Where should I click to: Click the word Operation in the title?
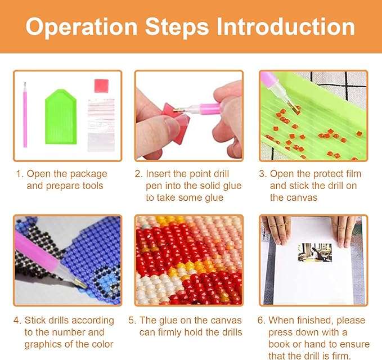(82, 27)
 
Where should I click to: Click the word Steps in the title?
(177, 27)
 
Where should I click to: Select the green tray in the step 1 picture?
(61, 117)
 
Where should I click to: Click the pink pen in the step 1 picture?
(25, 115)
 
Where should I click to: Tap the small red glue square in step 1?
(101, 85)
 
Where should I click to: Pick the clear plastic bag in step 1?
(101, 125)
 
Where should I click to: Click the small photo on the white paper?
(314, 253)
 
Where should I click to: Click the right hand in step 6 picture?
(344, 231)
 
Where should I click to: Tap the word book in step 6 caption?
(279, 344)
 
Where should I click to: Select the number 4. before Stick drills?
(17, 321)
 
